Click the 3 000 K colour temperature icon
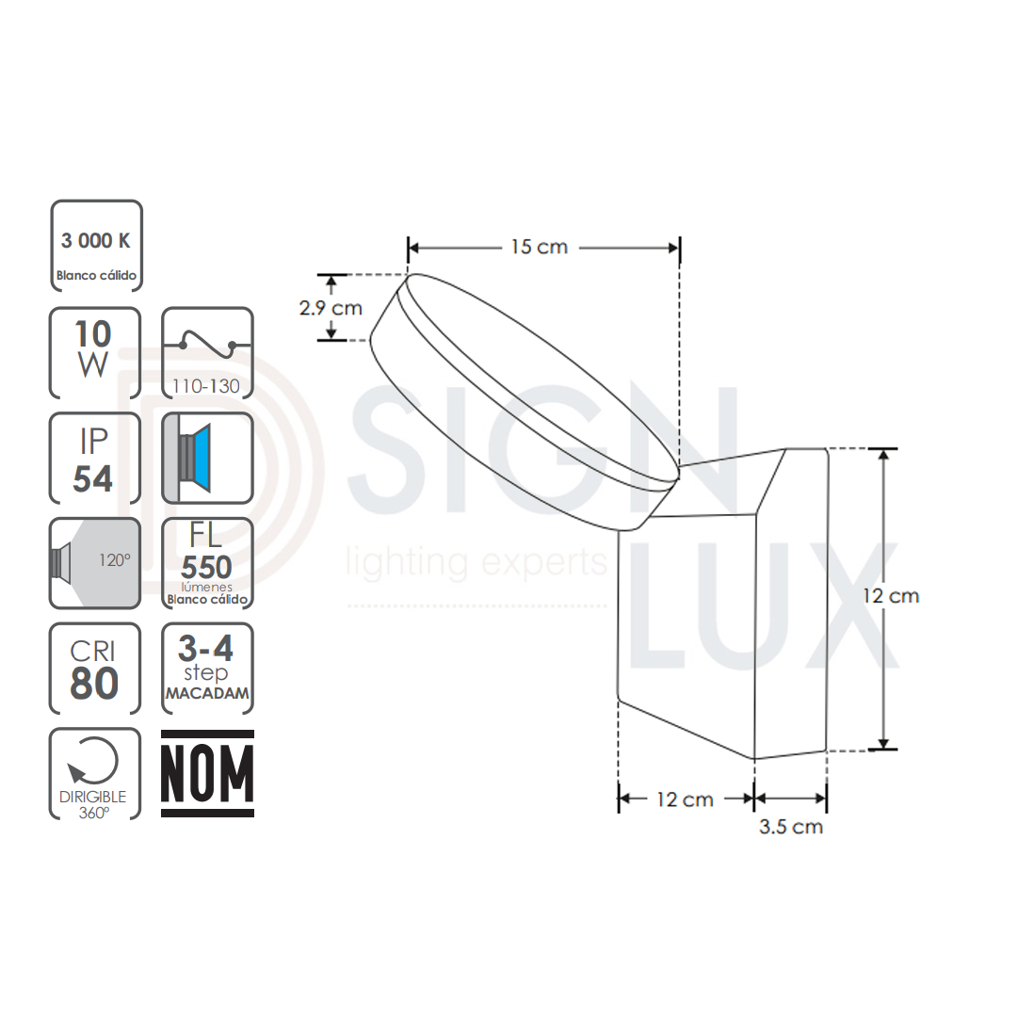tap(96, 246)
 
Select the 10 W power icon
tap(95, 353)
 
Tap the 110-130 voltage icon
tap(207, 353)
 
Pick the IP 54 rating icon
tap(95, 458)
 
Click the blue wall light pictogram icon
tap(207, 458)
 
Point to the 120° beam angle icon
tap(95, 563)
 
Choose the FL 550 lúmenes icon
tap(207, 563)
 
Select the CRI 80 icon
tap(95, 668)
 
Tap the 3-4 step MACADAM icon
tap(207, 668)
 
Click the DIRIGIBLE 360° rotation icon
tap(95, 774)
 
